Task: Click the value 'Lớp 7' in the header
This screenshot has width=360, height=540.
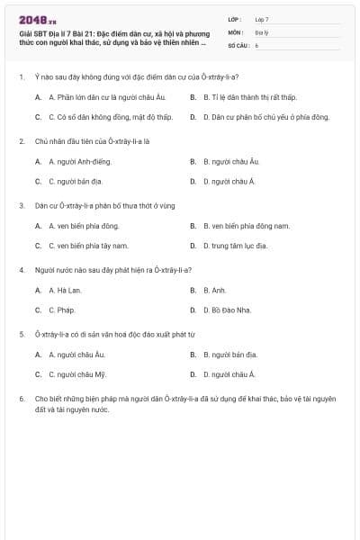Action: click(262, 19)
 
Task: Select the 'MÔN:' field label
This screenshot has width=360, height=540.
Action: click(235, 31)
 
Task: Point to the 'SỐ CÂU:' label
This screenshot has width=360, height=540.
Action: click(238, 44)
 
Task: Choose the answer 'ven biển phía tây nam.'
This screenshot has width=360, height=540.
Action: click(88, 246)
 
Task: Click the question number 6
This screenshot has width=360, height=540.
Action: click(22, 397)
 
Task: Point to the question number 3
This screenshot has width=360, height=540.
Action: click(22, 205)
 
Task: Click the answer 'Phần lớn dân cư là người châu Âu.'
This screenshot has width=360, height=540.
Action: click(100, 96)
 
